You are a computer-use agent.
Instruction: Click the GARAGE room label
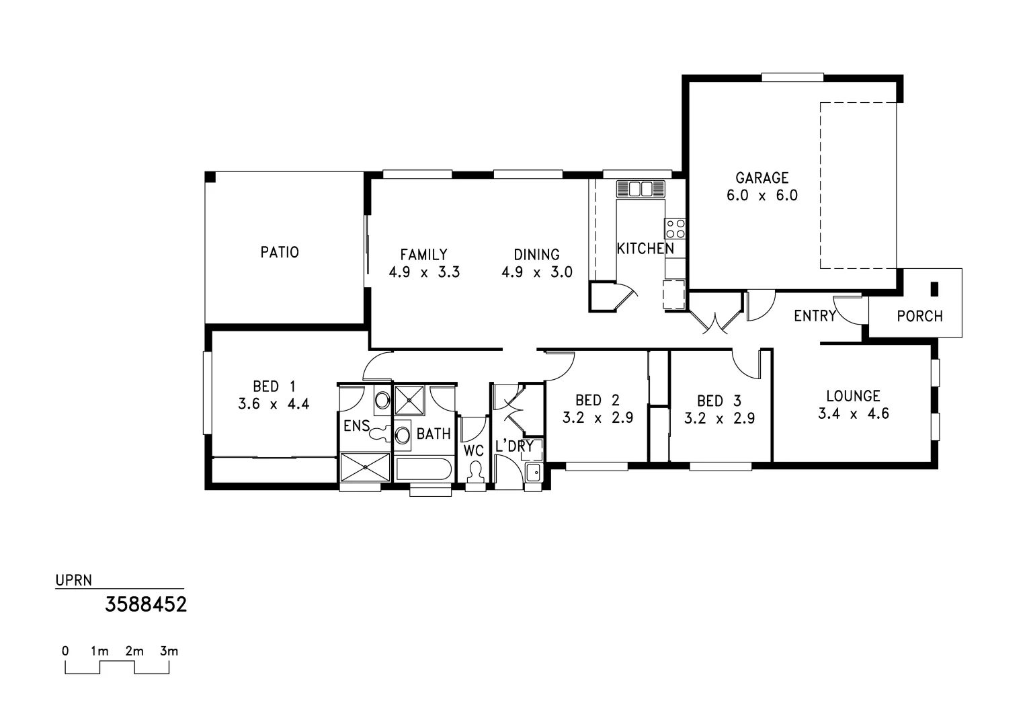point(762,178)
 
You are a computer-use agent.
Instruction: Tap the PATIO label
point(280,252)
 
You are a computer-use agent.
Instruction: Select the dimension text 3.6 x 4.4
point(273,404)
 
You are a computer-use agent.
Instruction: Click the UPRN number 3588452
point(146,605)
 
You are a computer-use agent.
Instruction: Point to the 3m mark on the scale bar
point(169,651)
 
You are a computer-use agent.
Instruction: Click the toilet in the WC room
point(475,471)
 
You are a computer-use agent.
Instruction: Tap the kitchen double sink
point(640,188)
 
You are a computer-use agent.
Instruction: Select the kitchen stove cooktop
point(675,229)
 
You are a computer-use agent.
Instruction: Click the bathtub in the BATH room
point(423,469)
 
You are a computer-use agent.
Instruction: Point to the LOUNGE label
point(853,396)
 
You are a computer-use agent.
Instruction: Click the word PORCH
point(919,316)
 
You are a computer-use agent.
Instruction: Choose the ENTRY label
point(815,316)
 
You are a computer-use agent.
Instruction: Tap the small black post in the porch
point(934,289)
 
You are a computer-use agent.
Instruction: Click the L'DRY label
point(514,446)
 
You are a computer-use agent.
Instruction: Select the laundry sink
point(534,472)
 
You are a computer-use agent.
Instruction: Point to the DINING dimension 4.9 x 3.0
point(536,272)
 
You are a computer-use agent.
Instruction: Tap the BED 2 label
point(597,401)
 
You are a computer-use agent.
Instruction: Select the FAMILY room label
point(423,255)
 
